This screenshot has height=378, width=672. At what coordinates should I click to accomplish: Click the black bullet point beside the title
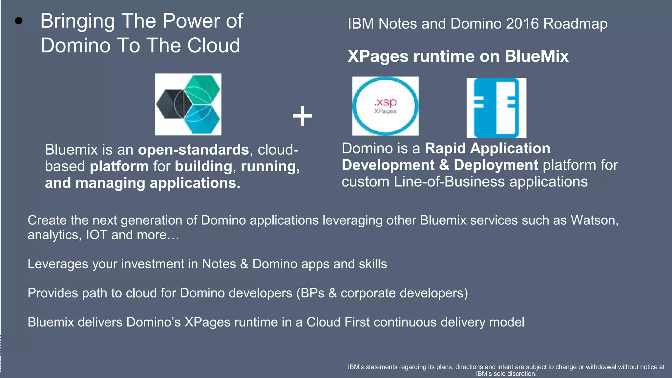[x=19, y=21]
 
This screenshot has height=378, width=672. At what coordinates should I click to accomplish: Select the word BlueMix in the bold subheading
[x=536, y=56]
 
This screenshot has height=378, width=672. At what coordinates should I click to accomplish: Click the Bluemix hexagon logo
[x=188, y=104]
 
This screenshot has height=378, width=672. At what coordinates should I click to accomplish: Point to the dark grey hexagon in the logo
[x=171, y=104]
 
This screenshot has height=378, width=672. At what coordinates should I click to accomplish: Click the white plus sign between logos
[x=302, y=116]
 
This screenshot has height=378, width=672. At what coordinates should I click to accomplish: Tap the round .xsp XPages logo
[x=385, y=106]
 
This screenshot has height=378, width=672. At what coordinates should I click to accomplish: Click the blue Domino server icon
[x=496, y=108]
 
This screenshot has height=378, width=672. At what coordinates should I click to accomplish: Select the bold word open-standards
[x=193, y=150]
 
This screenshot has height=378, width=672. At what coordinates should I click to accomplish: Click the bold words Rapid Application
[x=487, y=148]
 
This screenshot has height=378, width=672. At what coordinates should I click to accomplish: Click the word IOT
[x=96, y=235]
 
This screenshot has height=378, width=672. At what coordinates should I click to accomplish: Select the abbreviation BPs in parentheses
[x=312, y=293]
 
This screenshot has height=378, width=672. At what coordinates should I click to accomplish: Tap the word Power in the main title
[x=191, y=21]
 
